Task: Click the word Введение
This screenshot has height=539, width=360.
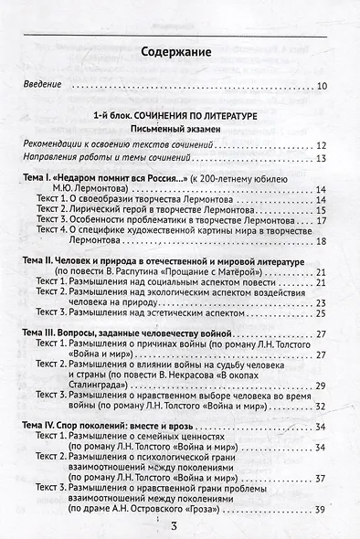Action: click(43, 85)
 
